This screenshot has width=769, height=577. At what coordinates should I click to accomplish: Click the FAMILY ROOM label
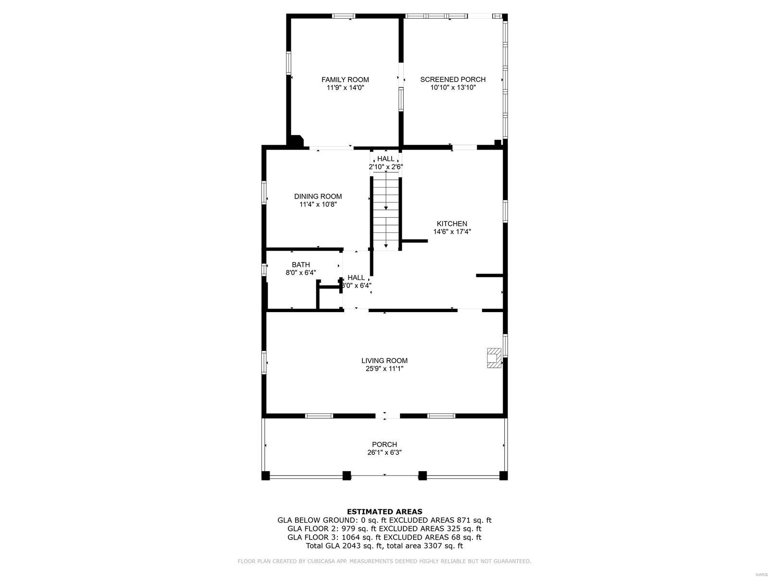coord(345,79)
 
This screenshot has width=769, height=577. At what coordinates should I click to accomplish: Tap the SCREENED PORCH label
coord(453,79)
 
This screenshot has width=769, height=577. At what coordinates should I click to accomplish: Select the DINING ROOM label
coord(318,197)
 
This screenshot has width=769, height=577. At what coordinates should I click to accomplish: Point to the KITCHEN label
coord(452,224)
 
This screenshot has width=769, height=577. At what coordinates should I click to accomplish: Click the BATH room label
coord(300,264)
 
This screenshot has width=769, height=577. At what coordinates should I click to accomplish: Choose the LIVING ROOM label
coord(384,361)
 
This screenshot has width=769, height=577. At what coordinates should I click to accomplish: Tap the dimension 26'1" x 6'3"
coord(384,452)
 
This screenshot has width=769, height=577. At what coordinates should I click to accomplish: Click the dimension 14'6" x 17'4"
coord(452,232)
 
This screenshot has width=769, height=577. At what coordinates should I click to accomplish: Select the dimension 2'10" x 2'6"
coord(386,167)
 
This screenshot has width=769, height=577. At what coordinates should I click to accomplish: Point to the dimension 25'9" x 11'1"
coord(384,368)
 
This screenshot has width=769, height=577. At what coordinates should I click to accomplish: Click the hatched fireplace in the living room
coord(494,358)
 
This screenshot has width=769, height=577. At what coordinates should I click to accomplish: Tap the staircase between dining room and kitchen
coord(386,213)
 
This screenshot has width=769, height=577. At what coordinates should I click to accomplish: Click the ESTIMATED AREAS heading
coord(384,512)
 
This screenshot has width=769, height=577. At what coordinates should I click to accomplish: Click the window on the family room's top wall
coord(343,16)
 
